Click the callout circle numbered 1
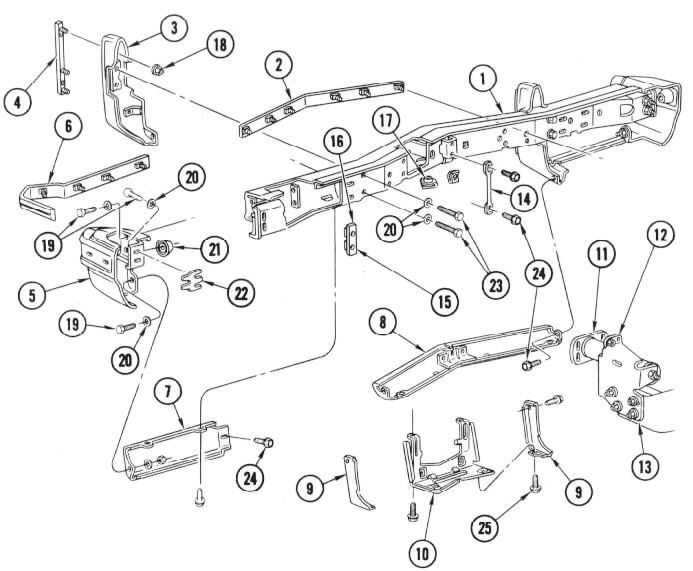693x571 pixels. (483, 79)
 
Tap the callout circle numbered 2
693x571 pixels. (278, 66)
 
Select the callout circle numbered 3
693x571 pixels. (174, 28)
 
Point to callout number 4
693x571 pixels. (17, 103)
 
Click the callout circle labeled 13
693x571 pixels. (645, 465)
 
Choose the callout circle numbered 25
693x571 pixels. (485, 527)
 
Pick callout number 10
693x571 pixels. (422, 553)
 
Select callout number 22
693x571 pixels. (241, 293)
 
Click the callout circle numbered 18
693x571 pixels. (220, 45)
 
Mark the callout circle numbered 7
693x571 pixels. (168, 393)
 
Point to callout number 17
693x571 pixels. (386, 120)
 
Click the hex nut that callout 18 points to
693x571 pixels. (158, 69)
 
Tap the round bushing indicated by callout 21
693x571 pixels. (165, 249)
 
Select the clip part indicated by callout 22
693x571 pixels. (191, 280)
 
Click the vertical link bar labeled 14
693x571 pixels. (488, 188)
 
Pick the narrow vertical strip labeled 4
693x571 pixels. (61, 57)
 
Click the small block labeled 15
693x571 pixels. (350, 239)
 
